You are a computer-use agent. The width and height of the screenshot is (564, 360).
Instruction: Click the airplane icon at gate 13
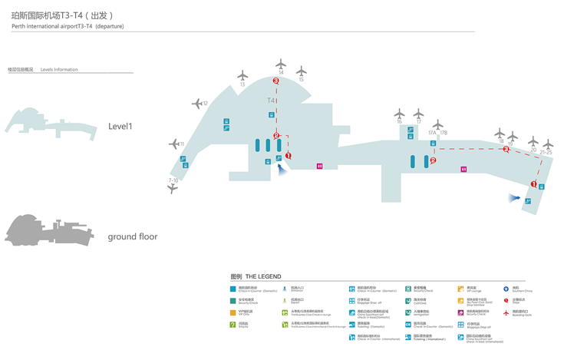click(242, 76)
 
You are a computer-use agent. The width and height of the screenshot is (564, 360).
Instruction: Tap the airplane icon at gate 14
click(281, 64)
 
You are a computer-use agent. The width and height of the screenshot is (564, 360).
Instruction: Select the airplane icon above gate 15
click(302, 71)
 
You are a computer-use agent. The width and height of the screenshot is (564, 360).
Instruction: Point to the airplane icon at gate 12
click(196, 103)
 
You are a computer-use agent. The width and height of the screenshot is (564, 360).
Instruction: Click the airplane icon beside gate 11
click(173, 144)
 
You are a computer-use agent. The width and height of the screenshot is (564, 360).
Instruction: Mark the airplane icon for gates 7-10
click(173, 189)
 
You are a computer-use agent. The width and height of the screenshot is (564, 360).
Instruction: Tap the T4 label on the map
click(271, 101)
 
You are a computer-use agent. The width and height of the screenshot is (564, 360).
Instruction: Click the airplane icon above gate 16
click(399, 114)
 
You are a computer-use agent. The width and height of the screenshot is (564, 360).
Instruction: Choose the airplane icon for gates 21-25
click(548, 144)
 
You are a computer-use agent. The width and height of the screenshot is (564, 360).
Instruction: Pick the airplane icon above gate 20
click(533, 140)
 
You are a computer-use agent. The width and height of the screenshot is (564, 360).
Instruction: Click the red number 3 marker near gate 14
click(276, 81)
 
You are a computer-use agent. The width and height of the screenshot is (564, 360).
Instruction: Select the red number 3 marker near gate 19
click(506, 150)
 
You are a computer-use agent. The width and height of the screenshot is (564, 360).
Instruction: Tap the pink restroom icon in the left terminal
click(320, 166)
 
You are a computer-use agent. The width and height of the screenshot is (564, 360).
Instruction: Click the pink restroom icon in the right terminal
click(463, 169)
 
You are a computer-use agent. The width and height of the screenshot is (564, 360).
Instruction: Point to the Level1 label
click(120, 126)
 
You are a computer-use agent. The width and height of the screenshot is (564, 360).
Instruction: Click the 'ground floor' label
click(132, 236)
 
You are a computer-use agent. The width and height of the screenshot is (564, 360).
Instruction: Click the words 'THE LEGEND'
click(263, 276)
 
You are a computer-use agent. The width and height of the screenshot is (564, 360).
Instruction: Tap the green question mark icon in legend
click(233, 325)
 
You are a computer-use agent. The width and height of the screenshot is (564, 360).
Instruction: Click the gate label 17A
click(432, 133)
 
